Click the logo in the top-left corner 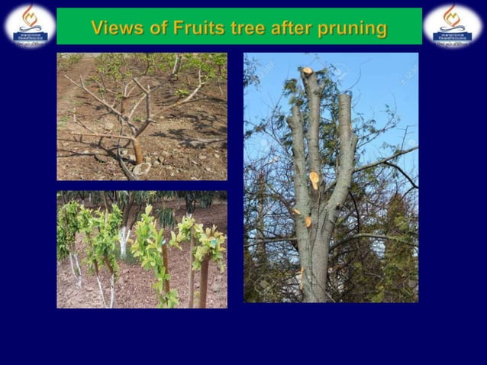pyautogui.click(x=30, y=24)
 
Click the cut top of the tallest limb pyautogui.click(x=308, y=71)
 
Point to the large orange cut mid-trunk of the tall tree pyautogui.click(x=314, y=180)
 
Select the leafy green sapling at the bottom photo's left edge pyautogui.click(x=69, y=229)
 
